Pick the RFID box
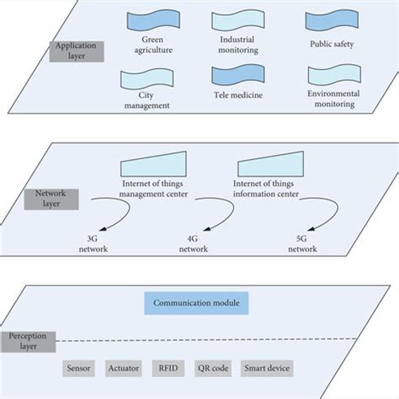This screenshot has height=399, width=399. (x=165, y=369)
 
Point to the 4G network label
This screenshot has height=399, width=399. (x=199, y=243)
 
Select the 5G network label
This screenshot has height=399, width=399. (x=300, y=243)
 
